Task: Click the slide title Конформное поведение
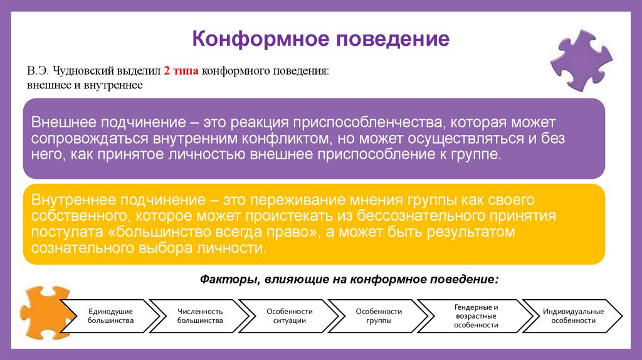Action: point(320,39)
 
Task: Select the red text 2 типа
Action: point(181,71)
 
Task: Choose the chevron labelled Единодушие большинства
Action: point(111,315)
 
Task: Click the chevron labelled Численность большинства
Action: point(200,315)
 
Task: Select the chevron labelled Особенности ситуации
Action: point(289,315)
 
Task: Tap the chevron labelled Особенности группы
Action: point(378,315)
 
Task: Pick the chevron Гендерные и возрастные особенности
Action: point(476,316)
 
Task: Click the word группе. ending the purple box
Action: point(479,154)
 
